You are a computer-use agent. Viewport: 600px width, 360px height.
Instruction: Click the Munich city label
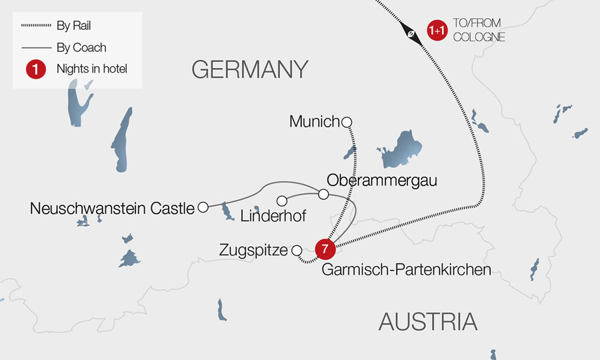tap(314, 122)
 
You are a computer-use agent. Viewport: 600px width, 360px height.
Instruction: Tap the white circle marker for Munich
tap(346, 121)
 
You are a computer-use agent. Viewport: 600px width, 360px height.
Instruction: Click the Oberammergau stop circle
tap(323, 194)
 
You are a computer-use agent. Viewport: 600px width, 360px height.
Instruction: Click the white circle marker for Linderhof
tap(281, 201)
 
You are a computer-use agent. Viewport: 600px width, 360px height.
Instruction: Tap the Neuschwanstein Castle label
tap(111, 209)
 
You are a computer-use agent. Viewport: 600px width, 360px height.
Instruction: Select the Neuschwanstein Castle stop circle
tap(203, 207)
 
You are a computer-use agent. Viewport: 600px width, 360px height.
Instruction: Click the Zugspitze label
tap(253, 251)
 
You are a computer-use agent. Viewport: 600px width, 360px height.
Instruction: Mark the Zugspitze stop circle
tap(296, 251)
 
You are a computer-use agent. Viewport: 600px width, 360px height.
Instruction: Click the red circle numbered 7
tap(325, 249)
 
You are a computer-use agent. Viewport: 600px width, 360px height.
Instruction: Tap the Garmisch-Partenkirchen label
tap(406, 270)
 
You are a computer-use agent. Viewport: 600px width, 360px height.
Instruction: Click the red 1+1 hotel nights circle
tap(437, 31)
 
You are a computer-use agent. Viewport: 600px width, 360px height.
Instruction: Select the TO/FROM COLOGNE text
tap(479, 31)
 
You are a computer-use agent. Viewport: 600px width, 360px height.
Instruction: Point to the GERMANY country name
tap(250, 69)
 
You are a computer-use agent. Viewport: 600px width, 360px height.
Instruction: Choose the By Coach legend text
tap(81, 47)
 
